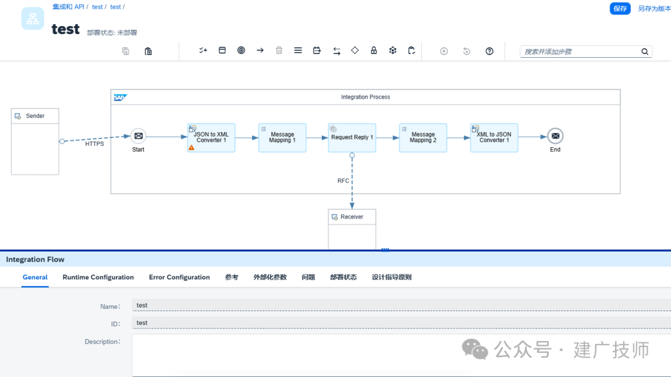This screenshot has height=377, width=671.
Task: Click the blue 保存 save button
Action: (619, 9)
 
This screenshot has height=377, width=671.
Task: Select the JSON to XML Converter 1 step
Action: (211, 138)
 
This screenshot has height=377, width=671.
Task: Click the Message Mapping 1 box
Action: (283, 138)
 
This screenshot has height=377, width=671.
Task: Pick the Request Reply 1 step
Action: (352, 138)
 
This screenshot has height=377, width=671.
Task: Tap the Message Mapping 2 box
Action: (423, 138)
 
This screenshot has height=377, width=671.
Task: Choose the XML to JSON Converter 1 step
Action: (495, 138)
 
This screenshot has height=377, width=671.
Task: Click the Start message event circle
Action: (138, 136)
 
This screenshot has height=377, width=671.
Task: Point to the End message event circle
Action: (555, 136)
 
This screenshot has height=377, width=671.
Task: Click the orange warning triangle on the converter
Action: (191, 148)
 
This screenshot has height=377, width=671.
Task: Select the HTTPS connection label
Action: (94, 144)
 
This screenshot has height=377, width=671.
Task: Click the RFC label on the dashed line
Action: (343, 181)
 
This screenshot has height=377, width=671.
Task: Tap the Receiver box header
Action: (352, 217)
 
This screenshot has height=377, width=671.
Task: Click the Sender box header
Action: (35, 116)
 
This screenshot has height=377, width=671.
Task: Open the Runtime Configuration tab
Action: (98, 277)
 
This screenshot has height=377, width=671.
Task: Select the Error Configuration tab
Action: (180, 277)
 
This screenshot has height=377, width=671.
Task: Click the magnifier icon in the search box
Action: (644, 52)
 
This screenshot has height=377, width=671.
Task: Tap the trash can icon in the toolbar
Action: (279, 50)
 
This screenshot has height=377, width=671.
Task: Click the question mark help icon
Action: (490, 52)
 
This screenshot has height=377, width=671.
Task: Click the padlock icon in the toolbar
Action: (373, 50)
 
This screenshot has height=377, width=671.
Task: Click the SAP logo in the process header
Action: (121, 98)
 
